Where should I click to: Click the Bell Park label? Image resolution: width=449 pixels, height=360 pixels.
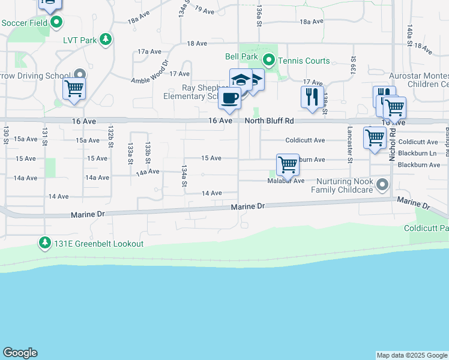pos(241,57)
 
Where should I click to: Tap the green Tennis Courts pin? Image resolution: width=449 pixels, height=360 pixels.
pos(270,60)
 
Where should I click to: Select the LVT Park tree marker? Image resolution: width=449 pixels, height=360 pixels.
pos(106,40)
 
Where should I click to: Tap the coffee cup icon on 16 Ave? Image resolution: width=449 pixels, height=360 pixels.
pos(229,98)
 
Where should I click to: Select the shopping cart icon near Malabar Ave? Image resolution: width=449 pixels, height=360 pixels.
pos(288,164)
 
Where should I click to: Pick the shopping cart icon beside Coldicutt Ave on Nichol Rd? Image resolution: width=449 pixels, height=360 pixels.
pos(375,137)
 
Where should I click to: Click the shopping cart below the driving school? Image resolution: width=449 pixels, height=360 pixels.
pos(74,89)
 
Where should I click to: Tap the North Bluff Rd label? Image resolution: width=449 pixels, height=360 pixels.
pos(269,121)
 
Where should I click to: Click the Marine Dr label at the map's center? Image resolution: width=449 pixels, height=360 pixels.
pos(248,206)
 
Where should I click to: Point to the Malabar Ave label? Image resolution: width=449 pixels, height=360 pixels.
pos(286,181)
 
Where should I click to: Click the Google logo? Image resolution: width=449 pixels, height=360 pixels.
pos(20,353)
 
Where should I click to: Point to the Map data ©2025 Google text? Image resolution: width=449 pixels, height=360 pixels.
pos(412,355)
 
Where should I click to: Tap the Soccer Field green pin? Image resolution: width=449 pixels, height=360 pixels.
pos(56,23)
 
